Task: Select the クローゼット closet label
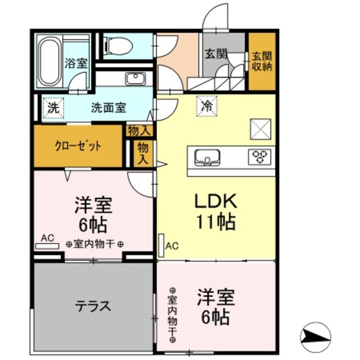tap(79, 146)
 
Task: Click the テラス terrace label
tap(93, 307)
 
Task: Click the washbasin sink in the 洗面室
tap(135, 78)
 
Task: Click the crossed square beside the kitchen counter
tap(260, 128)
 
